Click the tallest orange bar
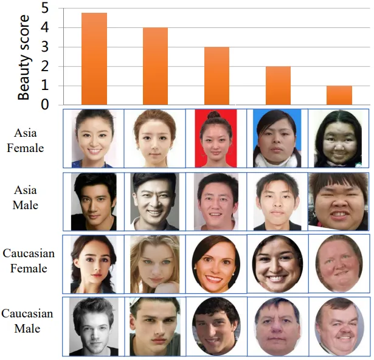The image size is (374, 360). point(94,58)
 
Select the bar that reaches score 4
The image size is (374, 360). point(155,66)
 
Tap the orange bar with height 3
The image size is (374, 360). point(216,75)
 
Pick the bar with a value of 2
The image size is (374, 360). point(278,85)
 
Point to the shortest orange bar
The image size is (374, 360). point(339,95)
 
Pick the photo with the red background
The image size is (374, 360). point(216,139)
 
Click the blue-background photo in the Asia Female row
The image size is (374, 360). point(277,139)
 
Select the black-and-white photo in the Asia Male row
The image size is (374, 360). point(154,201)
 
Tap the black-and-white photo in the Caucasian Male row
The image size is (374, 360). point(94,325)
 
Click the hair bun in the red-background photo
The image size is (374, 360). point(214,114)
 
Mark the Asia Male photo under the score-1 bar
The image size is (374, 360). point(338,201)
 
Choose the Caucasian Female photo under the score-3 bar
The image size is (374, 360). point(216,263)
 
